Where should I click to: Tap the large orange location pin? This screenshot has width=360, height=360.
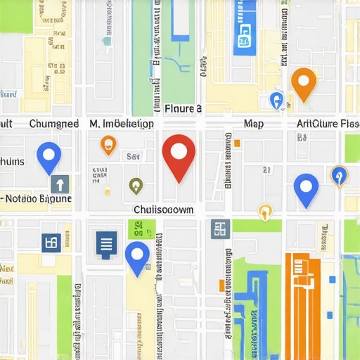pyautogui.click(x=303, y=83)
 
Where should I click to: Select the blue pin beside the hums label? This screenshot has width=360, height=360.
pyautogui.click(x=49, y=156)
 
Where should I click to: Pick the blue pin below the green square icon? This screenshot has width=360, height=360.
pyautogui.click(x=137, y=256)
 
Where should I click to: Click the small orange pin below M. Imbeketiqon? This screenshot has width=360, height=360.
pyautogui.click(x=108, y=145)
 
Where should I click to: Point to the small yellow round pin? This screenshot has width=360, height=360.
pyautogui.click(x=265, y=210)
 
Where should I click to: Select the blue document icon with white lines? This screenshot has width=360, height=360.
pyautogui.click(x=106, y=243)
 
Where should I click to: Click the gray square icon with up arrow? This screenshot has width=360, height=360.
pyautogui.click(x=60, y=184)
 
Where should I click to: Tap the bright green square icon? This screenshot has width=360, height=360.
pyautogui.click(x=141, y=229)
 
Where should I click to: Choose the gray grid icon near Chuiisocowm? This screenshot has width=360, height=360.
pyautogui.click(x=220, y=229)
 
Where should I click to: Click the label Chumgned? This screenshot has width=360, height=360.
pyautogui.click(x=54, y=124)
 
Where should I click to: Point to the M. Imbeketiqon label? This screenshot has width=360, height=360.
pyautogui.click(x=122, y=124)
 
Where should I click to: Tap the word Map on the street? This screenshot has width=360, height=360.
pyautogui.click(x=253, y=124)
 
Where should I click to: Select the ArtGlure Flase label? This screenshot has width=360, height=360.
pyautogui.click(x=327, y=124)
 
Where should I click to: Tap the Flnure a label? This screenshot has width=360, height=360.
pyautogui.click(x=183, y=109)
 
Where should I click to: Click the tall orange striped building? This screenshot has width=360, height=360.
pyautogui.click(x=302, y=306)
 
